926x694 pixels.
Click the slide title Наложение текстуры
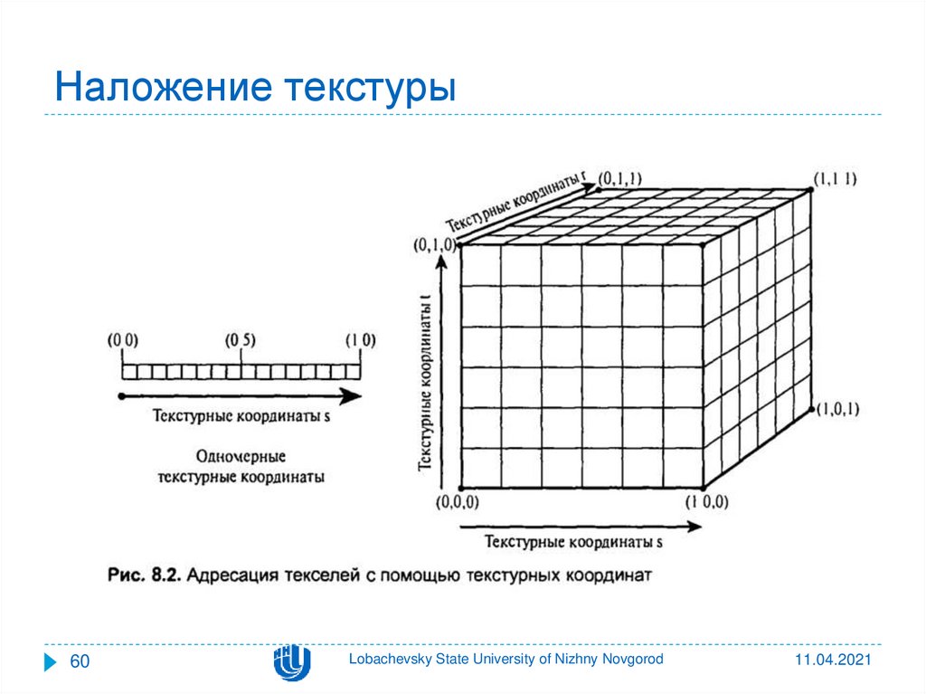254,89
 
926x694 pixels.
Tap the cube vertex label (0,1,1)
624,180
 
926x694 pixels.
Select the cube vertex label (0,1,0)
434,244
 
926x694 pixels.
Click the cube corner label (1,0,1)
837,410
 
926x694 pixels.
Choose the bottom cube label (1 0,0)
706,502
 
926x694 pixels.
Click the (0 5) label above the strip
241,341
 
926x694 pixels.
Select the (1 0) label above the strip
360,341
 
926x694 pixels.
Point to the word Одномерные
241,455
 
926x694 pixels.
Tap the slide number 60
80,662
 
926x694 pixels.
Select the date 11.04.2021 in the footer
834,661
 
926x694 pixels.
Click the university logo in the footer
292,662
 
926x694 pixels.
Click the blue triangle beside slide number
51,662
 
